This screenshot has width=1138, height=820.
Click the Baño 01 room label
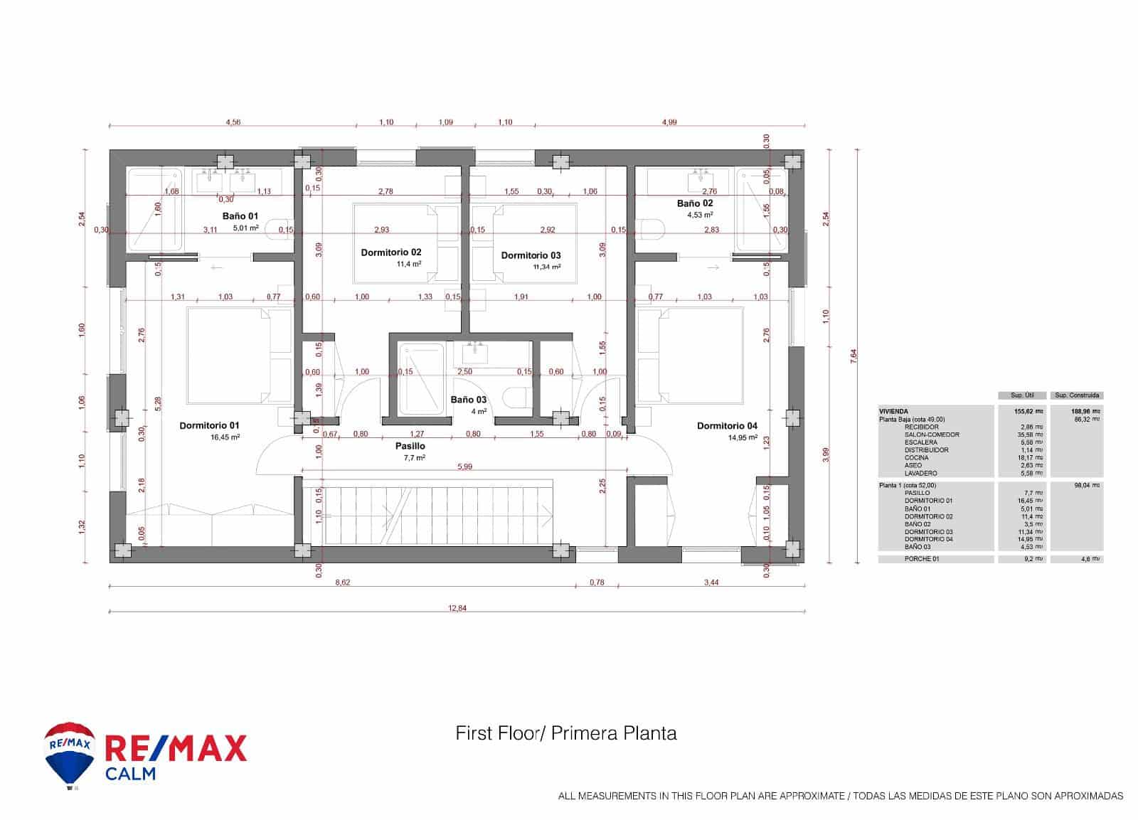click(240, 215)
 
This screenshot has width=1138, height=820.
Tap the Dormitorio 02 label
click(390, 252)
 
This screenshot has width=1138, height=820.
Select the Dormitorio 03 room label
click(531, 255)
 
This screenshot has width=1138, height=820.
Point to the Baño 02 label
click(694, 203)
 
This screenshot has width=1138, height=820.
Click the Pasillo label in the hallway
click(410, 446)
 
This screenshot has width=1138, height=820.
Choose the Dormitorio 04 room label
click(727, 426)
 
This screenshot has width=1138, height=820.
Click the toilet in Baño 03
click(514, 397)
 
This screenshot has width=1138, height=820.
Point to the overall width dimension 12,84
click(457, 608)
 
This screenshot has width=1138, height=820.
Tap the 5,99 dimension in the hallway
click(464, 467)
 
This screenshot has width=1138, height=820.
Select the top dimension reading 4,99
click(669, 122)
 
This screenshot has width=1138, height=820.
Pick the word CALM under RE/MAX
click(130, 773)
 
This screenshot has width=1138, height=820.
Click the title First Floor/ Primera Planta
click(566, 733)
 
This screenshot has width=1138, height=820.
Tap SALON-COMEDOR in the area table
click(932, 435)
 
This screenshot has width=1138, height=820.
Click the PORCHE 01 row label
click(922, 559)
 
